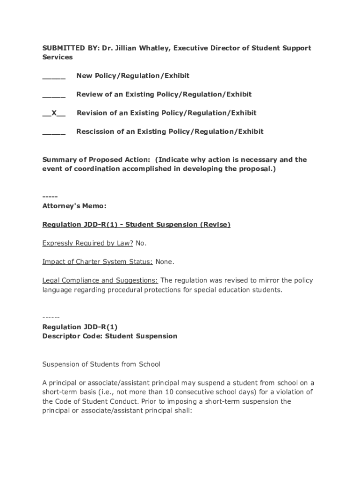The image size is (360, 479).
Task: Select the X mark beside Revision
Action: (54, 113)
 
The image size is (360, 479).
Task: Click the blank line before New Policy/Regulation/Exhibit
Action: (54, 76)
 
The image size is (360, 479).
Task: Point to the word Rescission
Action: (95, 131)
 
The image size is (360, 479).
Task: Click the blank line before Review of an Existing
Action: (54, 95)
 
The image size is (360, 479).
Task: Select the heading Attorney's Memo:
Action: (74, 206)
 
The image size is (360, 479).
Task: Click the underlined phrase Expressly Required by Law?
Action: (87, 243)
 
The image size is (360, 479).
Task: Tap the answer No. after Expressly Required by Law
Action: (141, 243)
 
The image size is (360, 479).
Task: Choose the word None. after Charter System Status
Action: (165, 262)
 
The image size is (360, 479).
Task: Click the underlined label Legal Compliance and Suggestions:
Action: (100, 281)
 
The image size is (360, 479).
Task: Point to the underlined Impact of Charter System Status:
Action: (97, 262)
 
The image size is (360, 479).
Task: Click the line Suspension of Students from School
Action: (101, 364)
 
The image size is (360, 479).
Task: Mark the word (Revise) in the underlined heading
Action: (215, 225)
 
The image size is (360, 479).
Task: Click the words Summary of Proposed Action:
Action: (96, 160)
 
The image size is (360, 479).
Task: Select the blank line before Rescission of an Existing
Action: (54, 132)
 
